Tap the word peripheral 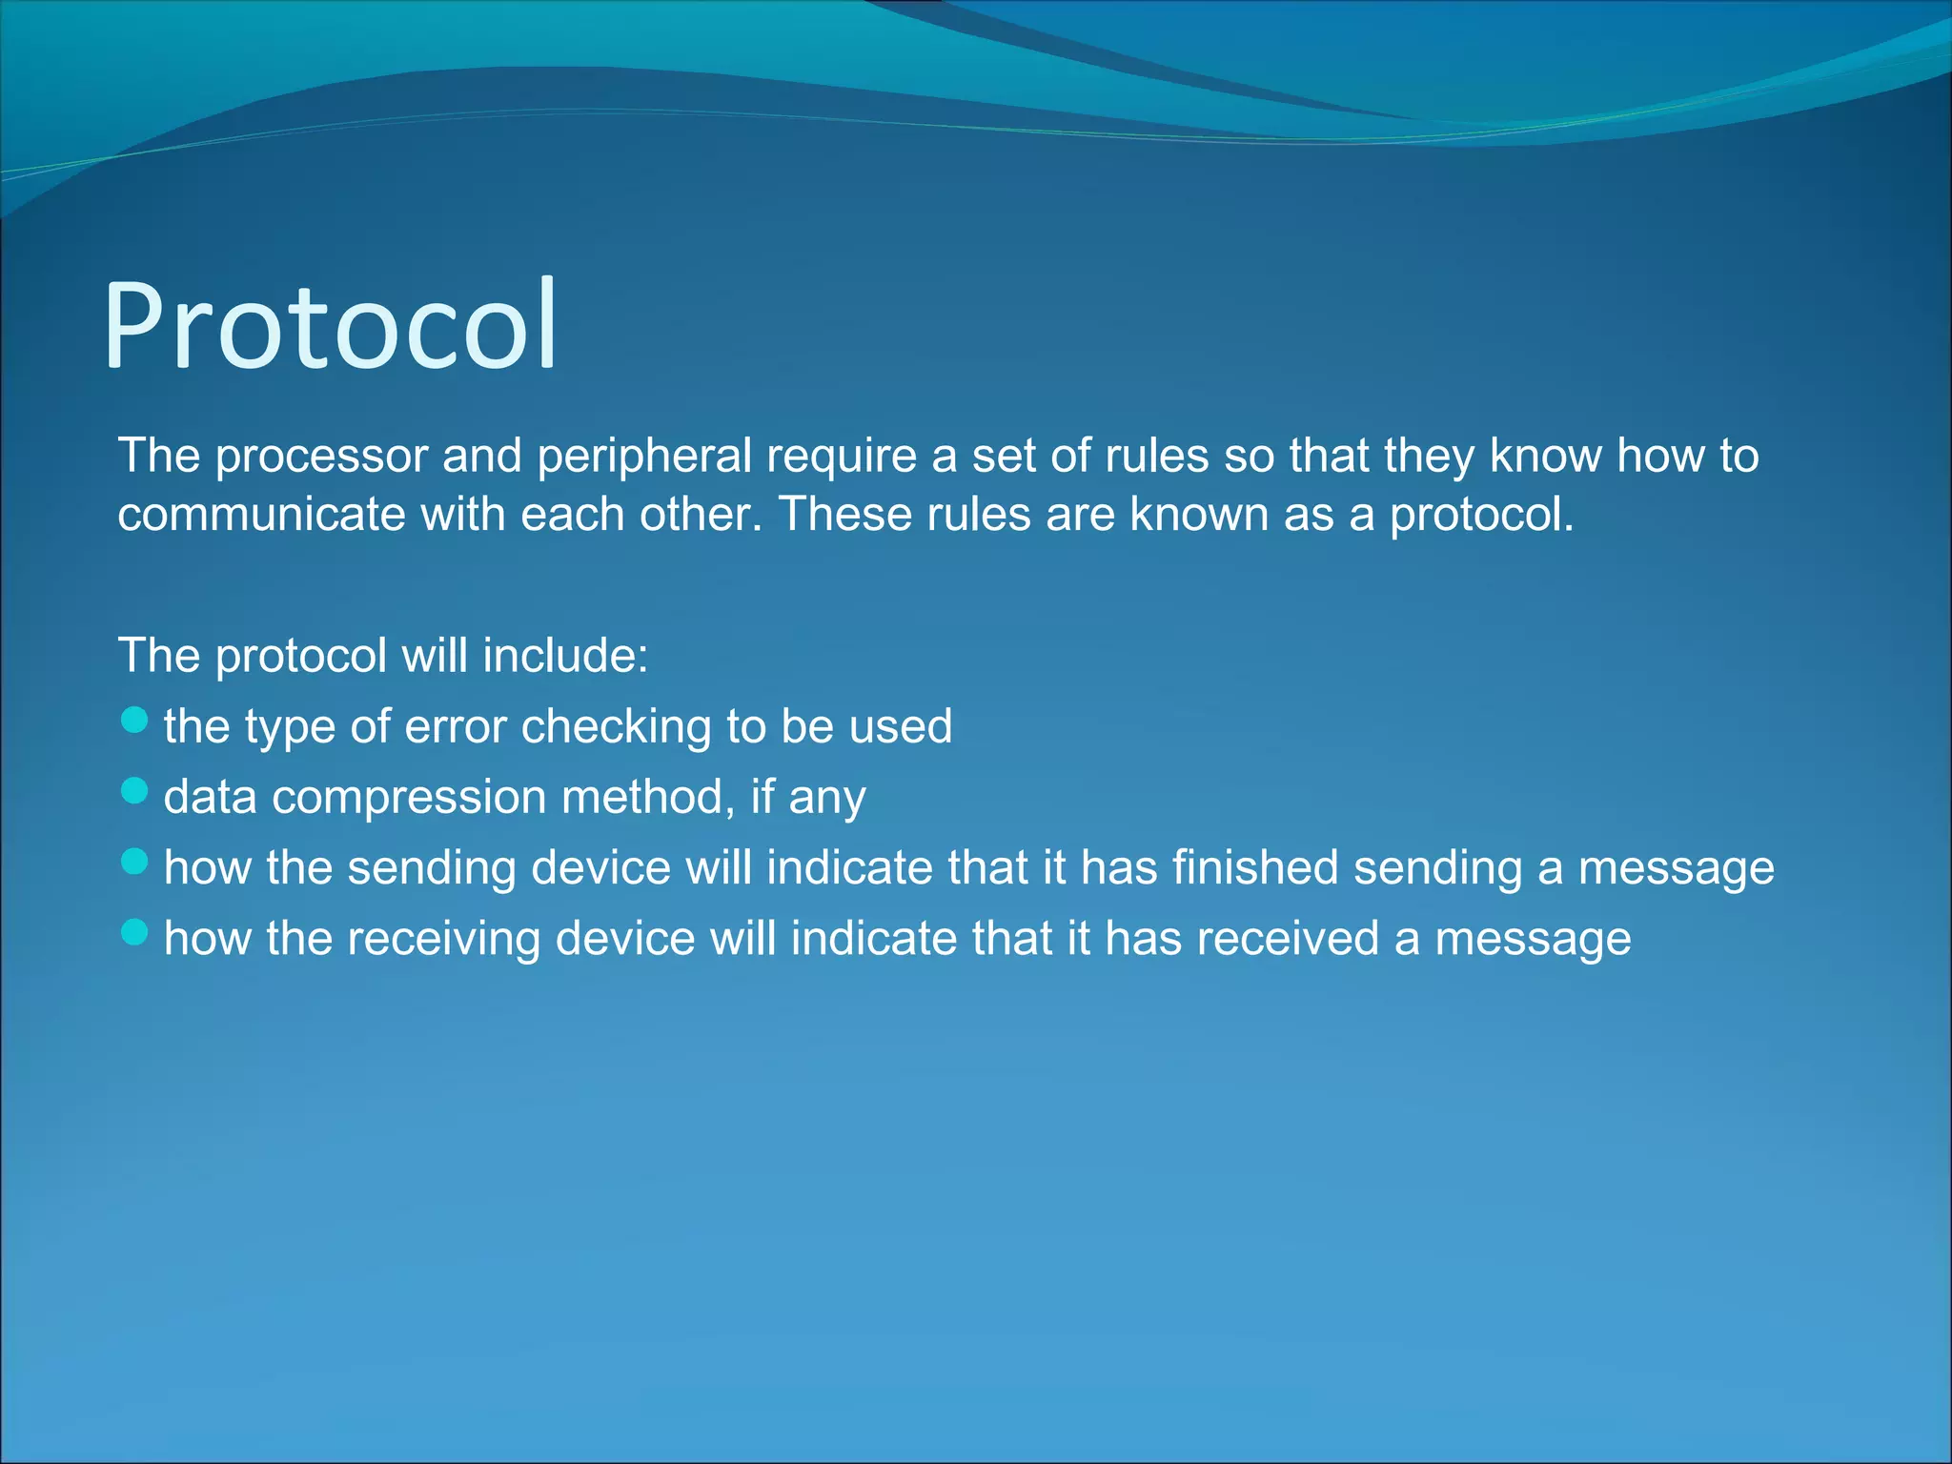[644, 456]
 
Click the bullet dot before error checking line [135, 721]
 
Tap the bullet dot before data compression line [135, 791]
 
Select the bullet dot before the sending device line [135, 862]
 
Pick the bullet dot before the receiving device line [135, 932]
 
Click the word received [1288, 938]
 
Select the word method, [648, 797]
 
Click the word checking [616, 726]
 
